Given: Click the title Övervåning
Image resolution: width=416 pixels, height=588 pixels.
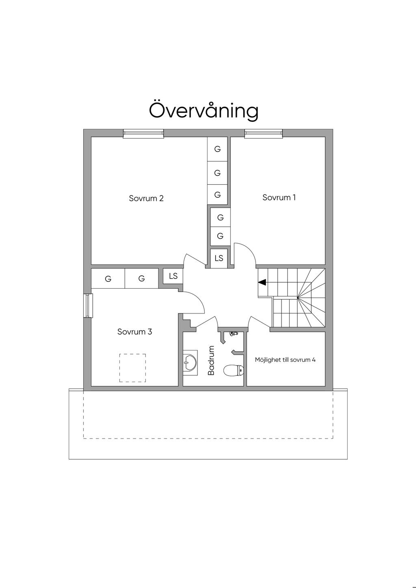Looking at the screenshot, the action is point(204,110).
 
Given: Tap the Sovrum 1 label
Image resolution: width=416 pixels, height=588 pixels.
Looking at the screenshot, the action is point(279,197).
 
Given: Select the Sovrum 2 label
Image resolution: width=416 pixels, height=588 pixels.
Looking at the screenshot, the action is point(146,198).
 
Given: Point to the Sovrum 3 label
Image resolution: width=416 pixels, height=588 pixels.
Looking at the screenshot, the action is point(134,332).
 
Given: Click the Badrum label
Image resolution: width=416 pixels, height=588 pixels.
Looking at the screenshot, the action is point(211,361).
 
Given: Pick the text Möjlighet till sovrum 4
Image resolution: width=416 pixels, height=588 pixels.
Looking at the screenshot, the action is point(285,360).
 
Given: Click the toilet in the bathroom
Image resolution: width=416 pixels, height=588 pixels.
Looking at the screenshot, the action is point(234,370).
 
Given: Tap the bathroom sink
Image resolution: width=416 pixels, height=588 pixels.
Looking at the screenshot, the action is point(190,363).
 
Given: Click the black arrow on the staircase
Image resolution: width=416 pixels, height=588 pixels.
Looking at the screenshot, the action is point(262,283).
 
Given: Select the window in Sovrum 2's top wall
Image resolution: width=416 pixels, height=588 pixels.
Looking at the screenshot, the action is point(143,133).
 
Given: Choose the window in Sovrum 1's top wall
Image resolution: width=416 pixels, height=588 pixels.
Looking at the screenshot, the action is point(263,133).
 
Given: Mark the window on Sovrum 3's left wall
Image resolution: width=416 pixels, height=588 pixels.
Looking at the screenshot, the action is point(88,305).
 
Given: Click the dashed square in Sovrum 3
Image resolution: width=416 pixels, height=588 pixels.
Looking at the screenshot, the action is point(132,368).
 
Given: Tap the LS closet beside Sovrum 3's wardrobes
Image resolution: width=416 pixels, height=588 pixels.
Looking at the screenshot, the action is point(173,276).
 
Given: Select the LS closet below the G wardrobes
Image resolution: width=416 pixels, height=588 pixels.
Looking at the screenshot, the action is point(219,258).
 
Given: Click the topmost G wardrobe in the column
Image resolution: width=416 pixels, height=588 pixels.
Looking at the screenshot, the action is point(217,149).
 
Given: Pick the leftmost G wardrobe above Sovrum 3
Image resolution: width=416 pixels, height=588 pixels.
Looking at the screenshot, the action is point(108,278).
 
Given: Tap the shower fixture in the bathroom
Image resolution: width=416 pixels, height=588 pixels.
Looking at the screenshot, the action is point(233,334).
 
